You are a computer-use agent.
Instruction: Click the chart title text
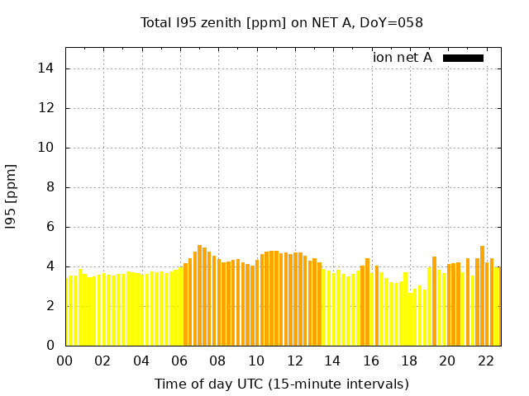(x=282, y=23)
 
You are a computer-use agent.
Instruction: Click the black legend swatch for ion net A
(x=463, y=58)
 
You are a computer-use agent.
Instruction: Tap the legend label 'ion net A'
(x=403, y=58)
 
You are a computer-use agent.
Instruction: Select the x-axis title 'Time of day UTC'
(x=282, y=384)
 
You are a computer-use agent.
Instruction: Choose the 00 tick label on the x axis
(x=65, y=361)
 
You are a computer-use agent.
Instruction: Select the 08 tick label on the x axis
(x=217, y=361)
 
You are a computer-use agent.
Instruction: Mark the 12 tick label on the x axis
(x=294, y=361)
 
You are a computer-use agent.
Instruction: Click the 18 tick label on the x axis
(x=409, y=361)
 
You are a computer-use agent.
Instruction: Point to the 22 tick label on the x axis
(x=485, y=361)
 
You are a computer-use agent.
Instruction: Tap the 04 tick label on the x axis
(x=141, y=361)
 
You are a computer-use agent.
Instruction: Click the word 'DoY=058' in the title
(x=393, y=23)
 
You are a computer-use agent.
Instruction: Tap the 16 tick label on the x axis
(x=371, y=361)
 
